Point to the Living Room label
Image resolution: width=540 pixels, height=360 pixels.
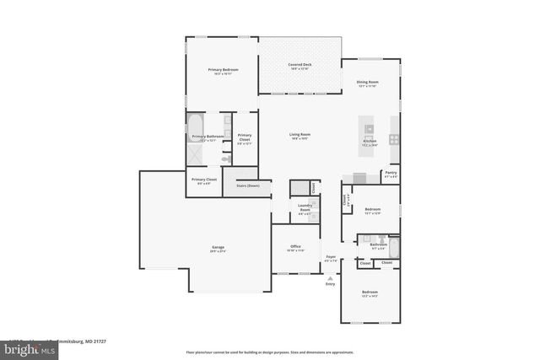[300, 134]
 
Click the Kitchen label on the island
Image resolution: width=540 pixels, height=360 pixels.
[370, 142]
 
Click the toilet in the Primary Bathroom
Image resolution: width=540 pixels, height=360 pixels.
[226, 158]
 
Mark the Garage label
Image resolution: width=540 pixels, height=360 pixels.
[218, 246]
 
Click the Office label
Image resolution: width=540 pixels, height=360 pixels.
[295, 246]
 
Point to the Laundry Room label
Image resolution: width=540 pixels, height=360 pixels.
[305, 208]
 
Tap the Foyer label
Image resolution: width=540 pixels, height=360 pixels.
[331, 256]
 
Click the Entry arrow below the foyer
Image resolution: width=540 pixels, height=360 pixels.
[330, 275]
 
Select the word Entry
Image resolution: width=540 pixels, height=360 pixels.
[330, 283]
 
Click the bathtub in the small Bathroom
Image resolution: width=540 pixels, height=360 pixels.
[393, 247]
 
